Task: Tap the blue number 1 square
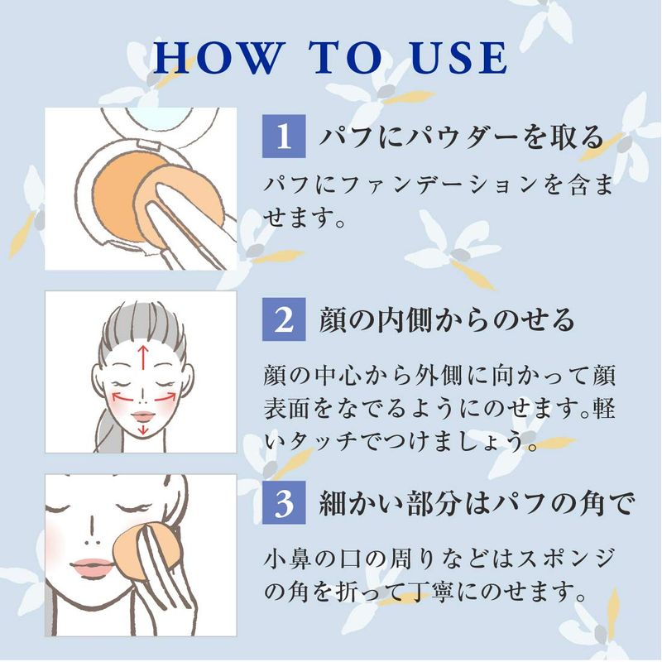pos(284,136)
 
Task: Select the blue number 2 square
pos(284,319)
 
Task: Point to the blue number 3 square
pos(284,502)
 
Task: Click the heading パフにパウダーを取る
pos(462,137)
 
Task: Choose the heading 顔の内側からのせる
pos(447,319)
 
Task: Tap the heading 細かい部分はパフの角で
pos(477,503)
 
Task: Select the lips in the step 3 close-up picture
pos(92,565)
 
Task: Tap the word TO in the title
pos(346,58)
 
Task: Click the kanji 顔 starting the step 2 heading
pos(333,319)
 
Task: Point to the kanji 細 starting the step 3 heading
pos(333,503)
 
